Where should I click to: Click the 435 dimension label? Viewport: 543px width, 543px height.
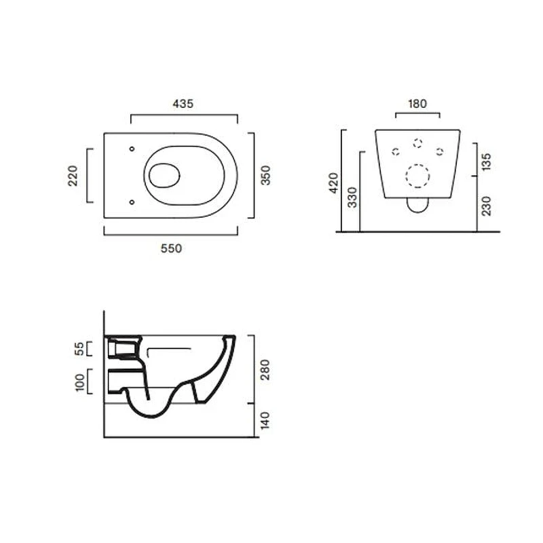183,104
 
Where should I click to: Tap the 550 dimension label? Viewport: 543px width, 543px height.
172,248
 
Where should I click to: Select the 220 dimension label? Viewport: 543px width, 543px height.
73,176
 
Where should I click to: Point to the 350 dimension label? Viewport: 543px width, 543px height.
265,175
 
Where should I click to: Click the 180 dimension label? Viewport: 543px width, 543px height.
417,104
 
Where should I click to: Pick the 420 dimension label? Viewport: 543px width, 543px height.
333,183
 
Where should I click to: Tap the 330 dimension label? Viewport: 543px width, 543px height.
352,198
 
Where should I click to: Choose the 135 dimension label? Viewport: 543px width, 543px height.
486,162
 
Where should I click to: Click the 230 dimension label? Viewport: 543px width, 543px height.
486,206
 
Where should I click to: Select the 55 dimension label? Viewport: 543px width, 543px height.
79,349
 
